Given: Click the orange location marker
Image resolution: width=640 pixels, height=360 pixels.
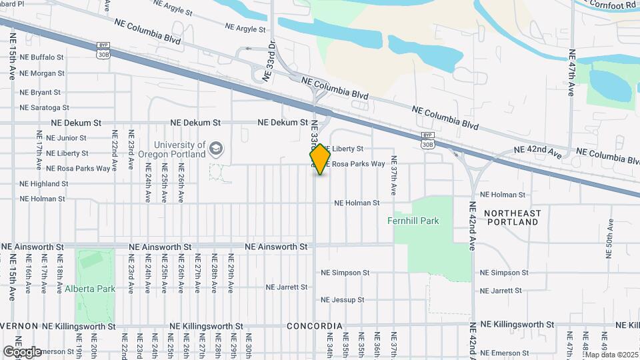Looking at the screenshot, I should pos(321,159).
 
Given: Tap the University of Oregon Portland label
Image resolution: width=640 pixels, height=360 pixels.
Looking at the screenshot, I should pos(180,149).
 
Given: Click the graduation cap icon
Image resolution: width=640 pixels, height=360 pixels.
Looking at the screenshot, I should pos(216,149).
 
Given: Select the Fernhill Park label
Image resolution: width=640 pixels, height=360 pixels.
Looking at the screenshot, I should pos(413,221).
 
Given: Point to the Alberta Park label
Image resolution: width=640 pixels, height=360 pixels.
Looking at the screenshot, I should pos(90,289).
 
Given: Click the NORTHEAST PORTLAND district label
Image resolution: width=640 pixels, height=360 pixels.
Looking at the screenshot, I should pos(513,217).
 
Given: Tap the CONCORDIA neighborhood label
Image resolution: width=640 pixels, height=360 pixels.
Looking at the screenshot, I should pos(314,326).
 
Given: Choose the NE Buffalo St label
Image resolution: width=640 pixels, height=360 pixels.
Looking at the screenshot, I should pos(42,58).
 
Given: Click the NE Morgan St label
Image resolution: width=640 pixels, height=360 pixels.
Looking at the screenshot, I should pos(42,73).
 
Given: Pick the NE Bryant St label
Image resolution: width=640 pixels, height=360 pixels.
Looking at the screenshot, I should pos(40,92).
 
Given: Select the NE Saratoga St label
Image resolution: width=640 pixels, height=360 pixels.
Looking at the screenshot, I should pos(44,107).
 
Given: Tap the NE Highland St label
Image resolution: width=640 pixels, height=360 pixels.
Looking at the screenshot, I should pos(43,183).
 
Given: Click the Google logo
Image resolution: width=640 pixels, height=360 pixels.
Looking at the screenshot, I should pos(22,351).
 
